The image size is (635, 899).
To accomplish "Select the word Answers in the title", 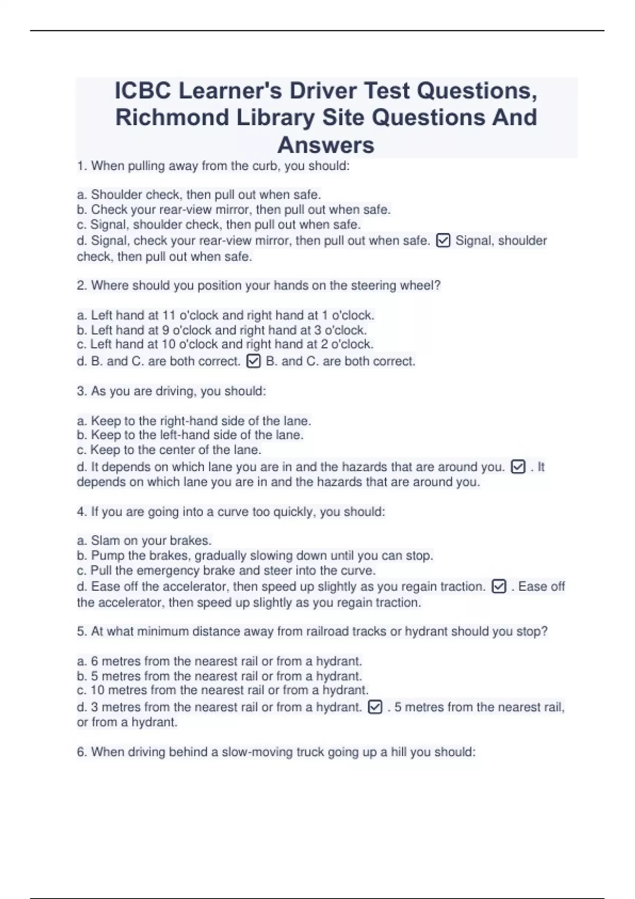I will pyautogui.click(x=325, y=145).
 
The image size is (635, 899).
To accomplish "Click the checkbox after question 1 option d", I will pyautogui.click(x=443, y=241).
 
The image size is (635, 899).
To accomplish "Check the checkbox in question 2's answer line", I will pyautogui.click(x=253, y=361).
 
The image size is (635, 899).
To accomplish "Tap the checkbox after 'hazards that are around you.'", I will pyautogui.click(x=518, y=467).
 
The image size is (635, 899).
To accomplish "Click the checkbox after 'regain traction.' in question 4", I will pyautogui.click(x=499, y=586).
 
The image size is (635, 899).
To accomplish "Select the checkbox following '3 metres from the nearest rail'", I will pyautogui.click(x=375, y=707).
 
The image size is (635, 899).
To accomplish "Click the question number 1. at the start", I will pyautogui.click(x=82, y=166).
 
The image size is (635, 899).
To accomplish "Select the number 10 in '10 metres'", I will pyautogui.click(x=97, y=690).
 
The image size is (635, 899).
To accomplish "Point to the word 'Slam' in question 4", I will pyautogui.click(x=105, y=540).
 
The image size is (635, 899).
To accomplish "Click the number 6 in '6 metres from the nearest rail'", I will pyautogui.click(x=95, y=661).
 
